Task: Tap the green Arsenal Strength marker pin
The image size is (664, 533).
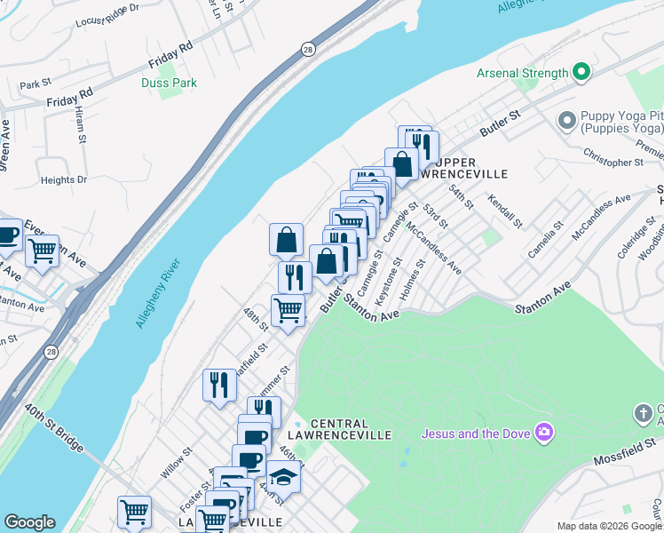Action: point(581,72)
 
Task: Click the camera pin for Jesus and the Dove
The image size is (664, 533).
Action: point(543,434)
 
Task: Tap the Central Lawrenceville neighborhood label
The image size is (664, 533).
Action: point(340,428)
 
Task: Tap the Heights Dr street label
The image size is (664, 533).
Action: point(64,179)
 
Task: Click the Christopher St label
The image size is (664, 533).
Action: point(613,163)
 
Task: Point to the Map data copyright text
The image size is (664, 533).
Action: point(608,526)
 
